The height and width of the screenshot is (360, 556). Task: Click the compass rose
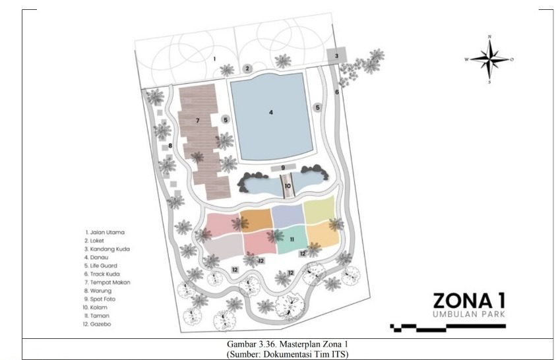489,59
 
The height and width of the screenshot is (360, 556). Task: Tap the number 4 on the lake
271,112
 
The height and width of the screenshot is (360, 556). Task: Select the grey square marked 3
336,55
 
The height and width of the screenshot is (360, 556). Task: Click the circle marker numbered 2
247,69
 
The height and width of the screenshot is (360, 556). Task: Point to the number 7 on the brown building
197,121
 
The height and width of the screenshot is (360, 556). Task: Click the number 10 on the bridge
288,186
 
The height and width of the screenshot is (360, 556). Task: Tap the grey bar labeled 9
284,167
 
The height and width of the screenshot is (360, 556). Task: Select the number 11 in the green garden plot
292,239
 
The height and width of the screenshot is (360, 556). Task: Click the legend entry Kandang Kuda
107,249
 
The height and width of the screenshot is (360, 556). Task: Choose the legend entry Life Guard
100,266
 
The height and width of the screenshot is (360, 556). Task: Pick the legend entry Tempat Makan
107,282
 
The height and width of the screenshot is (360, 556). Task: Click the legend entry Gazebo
97,324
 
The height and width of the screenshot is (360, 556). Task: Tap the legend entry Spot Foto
100,299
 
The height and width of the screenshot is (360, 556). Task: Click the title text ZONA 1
469,301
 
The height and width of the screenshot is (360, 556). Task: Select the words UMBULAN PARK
469,314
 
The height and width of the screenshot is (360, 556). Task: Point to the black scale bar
448,328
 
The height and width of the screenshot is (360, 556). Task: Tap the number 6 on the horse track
337,92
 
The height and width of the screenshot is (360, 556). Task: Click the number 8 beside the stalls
170,146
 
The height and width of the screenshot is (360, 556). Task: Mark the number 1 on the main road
214,59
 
